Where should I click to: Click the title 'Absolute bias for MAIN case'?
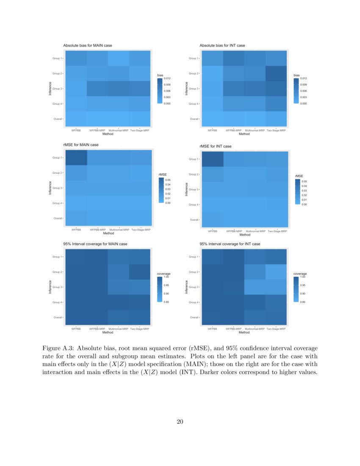tap(88, 45)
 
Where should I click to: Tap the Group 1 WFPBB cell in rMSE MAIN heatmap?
tap(76, 158)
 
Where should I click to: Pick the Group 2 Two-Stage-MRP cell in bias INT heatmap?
tap(277, 73)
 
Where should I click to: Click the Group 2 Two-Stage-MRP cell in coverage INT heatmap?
tap(277, 272)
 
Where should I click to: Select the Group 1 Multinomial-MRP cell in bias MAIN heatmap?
tap(119, 58)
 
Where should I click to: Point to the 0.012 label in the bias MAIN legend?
tap(167, 79)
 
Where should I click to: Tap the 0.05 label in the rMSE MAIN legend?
tap(168, 180)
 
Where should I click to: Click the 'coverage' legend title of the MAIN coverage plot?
tap(164, 274)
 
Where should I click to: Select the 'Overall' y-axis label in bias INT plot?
tap(194, 119)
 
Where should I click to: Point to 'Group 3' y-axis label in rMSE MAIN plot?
tap(58, 188)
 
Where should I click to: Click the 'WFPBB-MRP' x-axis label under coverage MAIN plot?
tap(97, 329)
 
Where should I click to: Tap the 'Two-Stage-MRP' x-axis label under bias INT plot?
tap(277, 130)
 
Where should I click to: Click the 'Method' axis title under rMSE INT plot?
tap(244, 235)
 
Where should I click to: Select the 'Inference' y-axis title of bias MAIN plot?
tap(50, 88)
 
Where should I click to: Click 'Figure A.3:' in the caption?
tap(58, 348)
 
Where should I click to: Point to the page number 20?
tap(180, 421)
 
